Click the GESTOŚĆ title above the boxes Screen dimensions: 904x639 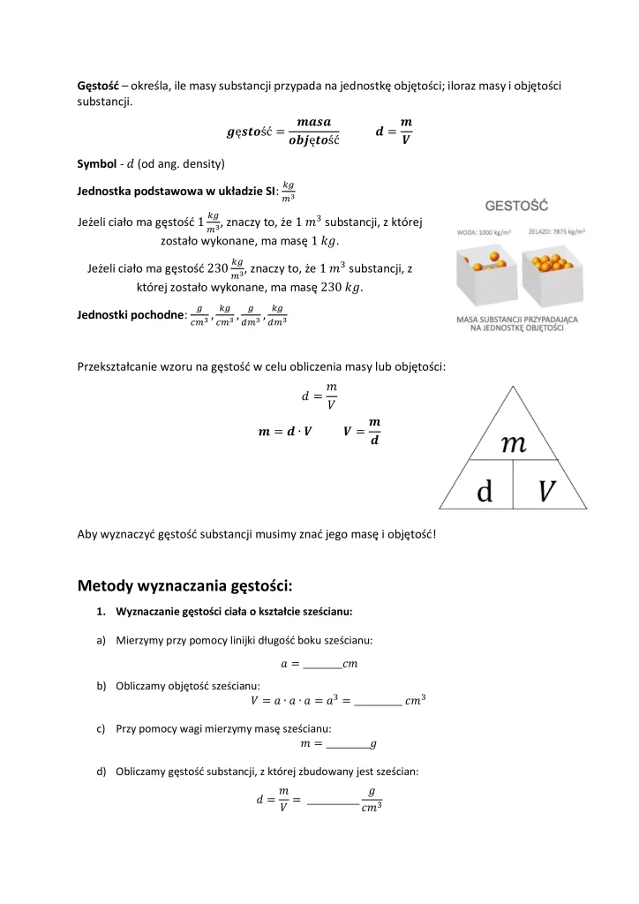(516, 206)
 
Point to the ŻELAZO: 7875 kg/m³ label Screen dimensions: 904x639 (557, 231)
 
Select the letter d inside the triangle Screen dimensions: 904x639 (485, 492)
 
